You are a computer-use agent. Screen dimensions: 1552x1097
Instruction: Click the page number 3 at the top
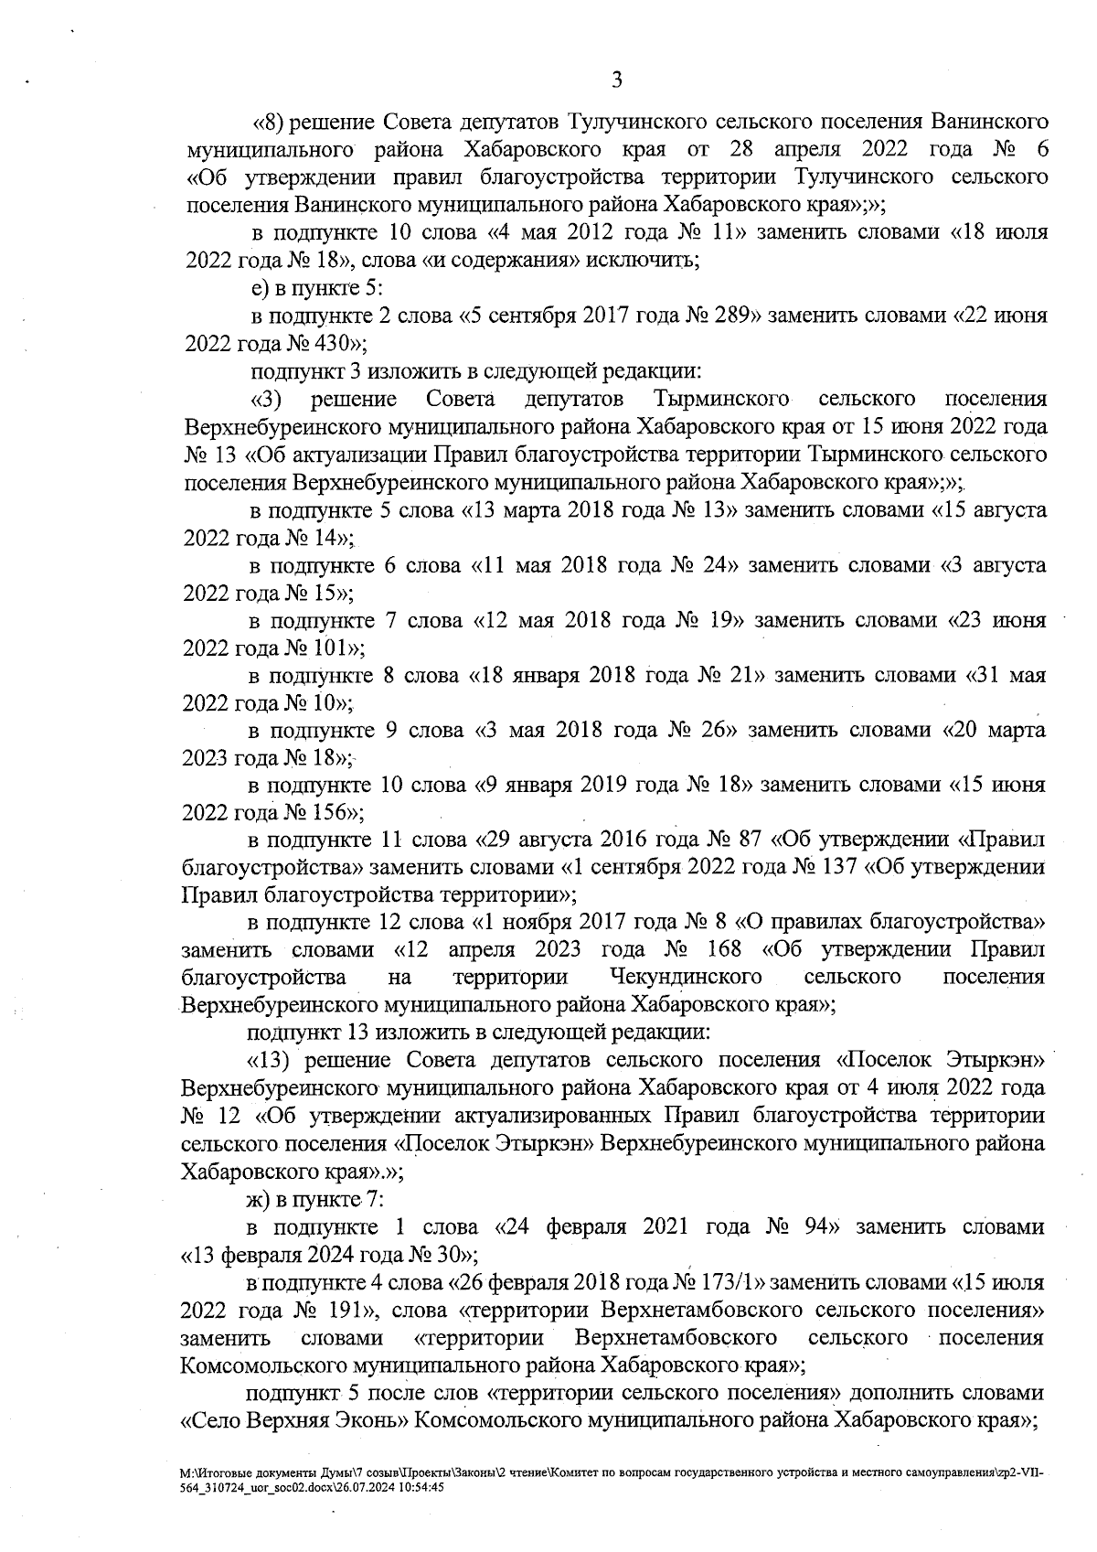click(616, 80)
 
